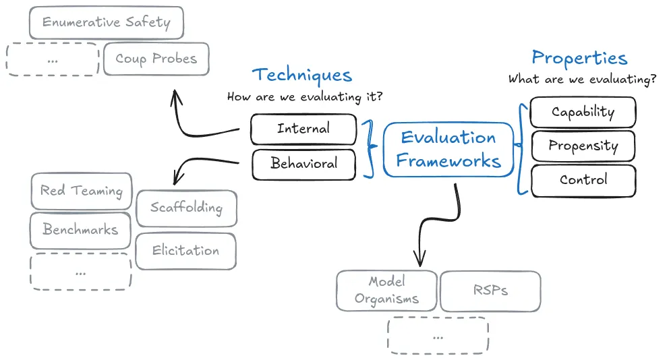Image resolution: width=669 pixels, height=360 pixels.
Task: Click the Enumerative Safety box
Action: [x=107, y=22]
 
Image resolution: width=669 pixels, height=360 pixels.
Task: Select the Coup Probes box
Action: [x=156, y=59]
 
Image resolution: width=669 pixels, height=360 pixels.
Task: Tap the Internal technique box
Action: [x=303, y=129]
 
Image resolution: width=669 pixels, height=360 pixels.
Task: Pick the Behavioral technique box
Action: [x=303, y=164]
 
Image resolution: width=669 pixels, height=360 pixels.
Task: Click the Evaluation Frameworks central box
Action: [x=448, y=149]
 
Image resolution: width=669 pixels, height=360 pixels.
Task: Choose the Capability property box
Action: [x=583, y=112]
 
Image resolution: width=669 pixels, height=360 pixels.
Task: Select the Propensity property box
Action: [x=583, y=146]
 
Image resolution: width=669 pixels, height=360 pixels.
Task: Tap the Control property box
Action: [x=583, y=180]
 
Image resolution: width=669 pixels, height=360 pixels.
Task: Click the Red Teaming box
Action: [x=82, y=191]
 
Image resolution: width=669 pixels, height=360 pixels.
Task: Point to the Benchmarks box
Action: [x=80, y=230]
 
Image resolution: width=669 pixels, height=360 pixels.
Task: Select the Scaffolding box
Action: [x=186, y=208]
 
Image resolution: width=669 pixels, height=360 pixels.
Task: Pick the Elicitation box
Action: [x=185, y=251]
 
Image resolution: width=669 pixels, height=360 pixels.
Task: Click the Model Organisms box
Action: [x=386, y=290]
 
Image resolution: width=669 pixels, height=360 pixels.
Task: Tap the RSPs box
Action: [x=490, y=291]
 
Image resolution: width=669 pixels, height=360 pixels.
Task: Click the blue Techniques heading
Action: [x=302, y=75]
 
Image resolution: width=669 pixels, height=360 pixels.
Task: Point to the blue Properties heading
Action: [x=579, y=58]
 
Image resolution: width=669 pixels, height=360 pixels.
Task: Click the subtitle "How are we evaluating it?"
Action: [x=305, y=97]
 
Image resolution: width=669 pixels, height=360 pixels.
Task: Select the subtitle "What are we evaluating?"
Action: [x=583, y=80]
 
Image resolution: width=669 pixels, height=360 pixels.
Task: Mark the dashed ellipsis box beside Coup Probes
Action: [x=53, y=59]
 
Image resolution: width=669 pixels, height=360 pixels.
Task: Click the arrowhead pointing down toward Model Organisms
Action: [x=419, y=259]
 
